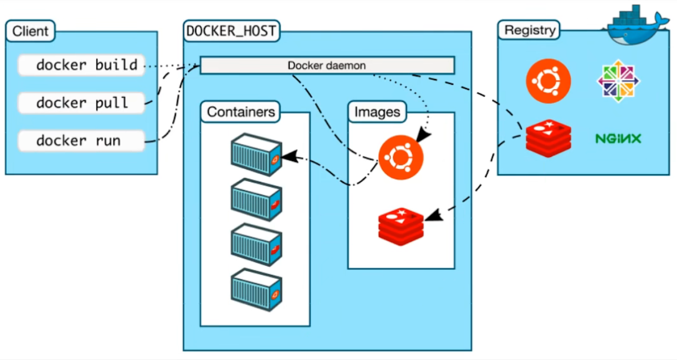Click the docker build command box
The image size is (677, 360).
pos(81,65)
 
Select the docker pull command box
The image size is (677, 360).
pos(81,103)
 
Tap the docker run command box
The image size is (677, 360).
pos(81,141)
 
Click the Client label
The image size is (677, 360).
pos(31,31)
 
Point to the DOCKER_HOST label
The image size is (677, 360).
pos(231,31)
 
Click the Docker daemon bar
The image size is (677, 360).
pos(327,65)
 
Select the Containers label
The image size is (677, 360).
pos(241,111)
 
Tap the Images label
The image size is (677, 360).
pos(377,111)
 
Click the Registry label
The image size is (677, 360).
pos(529,30)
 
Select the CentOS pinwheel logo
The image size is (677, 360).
pos(618,81)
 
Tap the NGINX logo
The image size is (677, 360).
pos(618,138)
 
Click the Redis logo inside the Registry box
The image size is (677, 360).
pos(548,138)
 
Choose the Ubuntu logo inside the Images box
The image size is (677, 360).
pos(401,157)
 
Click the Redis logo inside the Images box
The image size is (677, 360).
pos(401,226)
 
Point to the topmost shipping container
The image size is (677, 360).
pos(256,154)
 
